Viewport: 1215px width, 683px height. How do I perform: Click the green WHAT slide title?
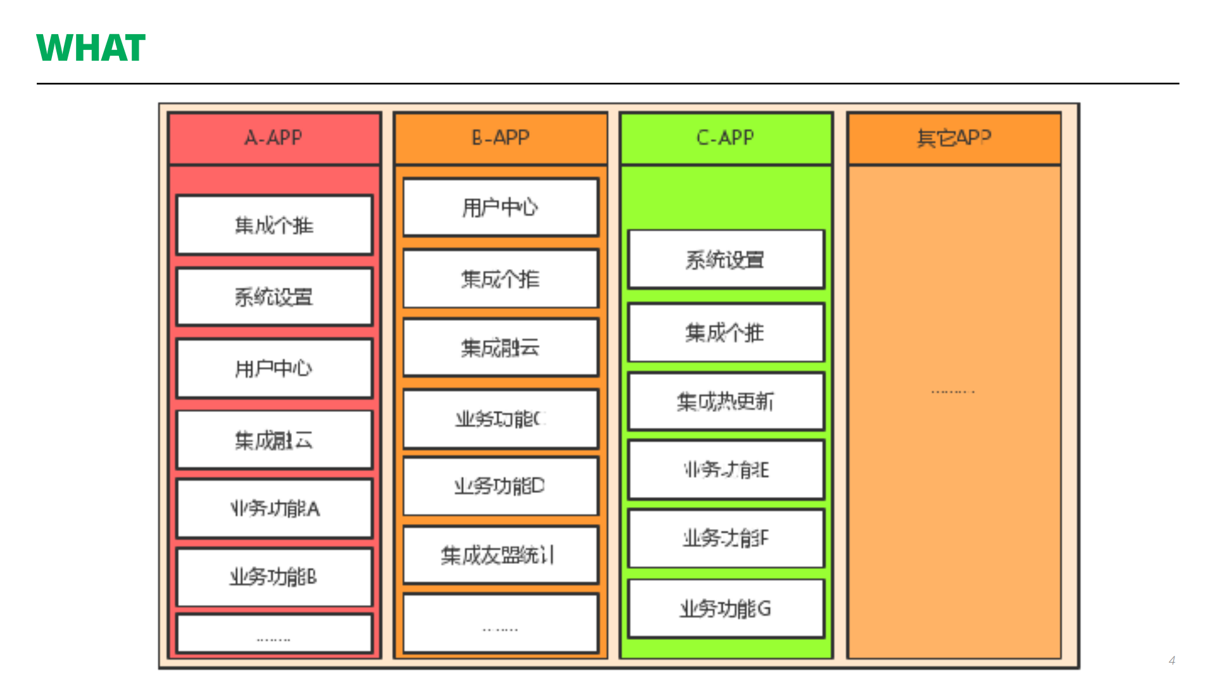point(91,48)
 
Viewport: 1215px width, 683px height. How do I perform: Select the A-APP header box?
point(274,138)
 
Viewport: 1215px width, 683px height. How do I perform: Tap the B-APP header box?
point(500,138)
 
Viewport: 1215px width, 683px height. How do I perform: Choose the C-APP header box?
point(726,138)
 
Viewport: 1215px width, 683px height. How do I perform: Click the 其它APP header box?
point(954,138)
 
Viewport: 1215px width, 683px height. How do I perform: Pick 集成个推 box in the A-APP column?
point(274,225)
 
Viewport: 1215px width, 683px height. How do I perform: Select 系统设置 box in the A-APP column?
point(274,297)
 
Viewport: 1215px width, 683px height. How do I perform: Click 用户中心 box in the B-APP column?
point(500,208)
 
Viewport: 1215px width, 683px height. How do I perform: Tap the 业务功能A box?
point(274,508)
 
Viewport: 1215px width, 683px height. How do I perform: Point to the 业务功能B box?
point(274,577)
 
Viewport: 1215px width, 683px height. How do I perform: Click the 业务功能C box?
point(500,419)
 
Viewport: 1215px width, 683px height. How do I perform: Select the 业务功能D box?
point(500,486)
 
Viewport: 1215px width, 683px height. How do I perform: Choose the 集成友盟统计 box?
point(500,555)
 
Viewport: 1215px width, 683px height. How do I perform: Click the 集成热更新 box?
point(726,401)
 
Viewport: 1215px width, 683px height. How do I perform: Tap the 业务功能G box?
point(726,608)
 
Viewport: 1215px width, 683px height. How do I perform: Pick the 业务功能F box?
point(726,539)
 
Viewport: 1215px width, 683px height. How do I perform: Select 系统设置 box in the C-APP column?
point(726,260)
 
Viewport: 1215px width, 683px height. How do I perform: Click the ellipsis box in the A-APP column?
point(274,634)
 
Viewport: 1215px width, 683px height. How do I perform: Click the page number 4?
point(1171,660)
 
